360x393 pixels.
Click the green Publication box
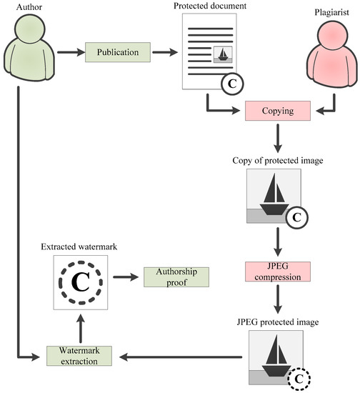[118, 52]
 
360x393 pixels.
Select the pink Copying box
[278, 111]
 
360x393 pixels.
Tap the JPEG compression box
[278, 272]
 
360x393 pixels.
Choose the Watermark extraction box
[79, 356]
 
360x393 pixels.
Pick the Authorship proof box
[176, 277]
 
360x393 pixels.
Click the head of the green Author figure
[30, 28]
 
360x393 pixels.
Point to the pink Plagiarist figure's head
[332, 34]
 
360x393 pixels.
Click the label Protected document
[210, 6]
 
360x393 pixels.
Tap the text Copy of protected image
[278, 160]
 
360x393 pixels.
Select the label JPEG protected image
[278, 322]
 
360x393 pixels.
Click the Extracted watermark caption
[79, 247]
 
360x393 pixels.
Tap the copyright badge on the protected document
[232, 84]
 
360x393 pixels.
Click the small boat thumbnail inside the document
[223, 54]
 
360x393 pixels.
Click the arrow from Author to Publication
[71, 52]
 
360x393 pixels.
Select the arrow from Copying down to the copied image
[278, 138]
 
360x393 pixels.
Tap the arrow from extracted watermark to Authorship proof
[126, 277]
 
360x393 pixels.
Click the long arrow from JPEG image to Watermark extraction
[181, 357]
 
